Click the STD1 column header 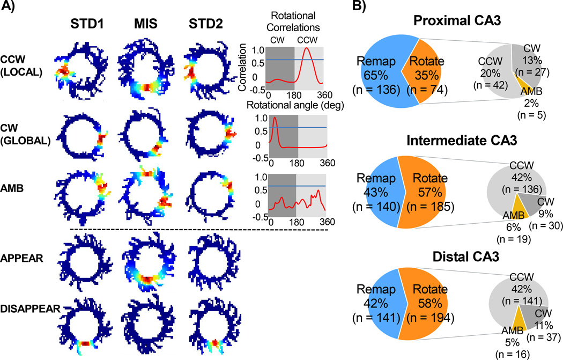click(87, 24)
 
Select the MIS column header click(146, 24)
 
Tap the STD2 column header click(206, 24)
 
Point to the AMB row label click(12, 188)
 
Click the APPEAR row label click(21, 258)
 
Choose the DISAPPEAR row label click(30, 308)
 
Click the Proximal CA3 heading click(457, 20)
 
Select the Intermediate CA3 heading click(462, 140)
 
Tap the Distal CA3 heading click(466, 256)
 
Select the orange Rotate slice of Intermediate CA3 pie click(422, 192)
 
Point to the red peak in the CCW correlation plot click(306, 49)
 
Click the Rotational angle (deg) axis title click(295, 105)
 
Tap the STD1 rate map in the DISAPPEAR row click(85, 325)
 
